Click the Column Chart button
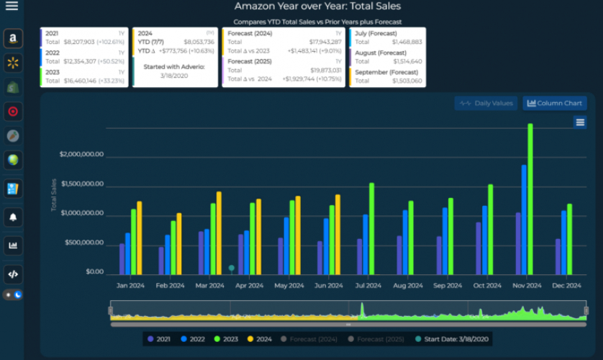click(554, 103)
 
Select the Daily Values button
click(486, 103)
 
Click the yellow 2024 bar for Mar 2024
click(219, 233)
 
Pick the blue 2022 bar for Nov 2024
click(524, 220)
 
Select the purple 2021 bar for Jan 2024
click(122, 259)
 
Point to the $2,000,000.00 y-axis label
click(81, 154)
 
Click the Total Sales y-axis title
click(54, 194)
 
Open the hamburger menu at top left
click(12, 6)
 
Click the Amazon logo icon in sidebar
click(13, 39)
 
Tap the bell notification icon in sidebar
click(13, 217)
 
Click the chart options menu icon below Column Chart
click(580, 122)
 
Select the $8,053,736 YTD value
click(199, 42)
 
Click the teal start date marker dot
click(232, 268)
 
